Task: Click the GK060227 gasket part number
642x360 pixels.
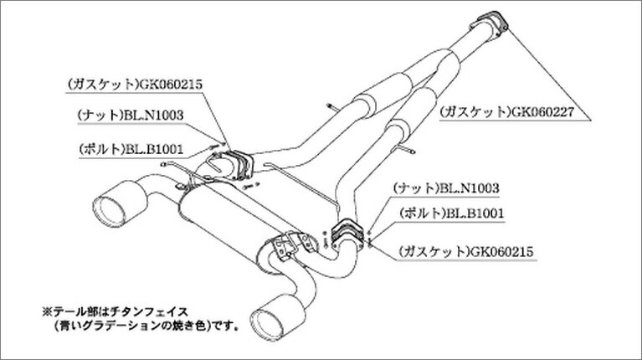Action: pos(541,112)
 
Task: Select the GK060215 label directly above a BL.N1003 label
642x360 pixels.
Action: pos(135,85)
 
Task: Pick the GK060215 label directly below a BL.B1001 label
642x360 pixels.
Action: pos(466,251)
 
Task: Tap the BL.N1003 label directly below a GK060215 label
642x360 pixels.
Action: pos(131,115)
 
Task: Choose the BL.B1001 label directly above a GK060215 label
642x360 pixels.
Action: pos(452,213)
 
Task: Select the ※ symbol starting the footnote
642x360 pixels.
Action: pos(47,312)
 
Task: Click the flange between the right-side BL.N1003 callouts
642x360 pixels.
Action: pos(347,234)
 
